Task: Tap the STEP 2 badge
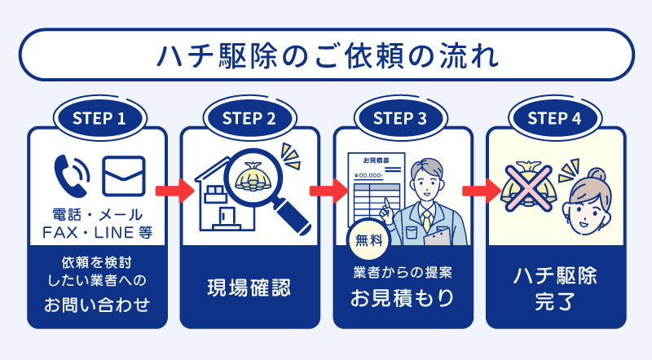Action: [x=249, y=117]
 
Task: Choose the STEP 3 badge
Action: [x=402, y=117]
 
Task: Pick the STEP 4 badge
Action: [x=554, y=117]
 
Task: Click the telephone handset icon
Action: [x=71, y=173]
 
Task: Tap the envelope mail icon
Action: [x=123, y=174]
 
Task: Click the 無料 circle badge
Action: [x=366, y=240]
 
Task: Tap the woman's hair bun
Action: [x=599, y=174]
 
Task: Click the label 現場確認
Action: [x=249, y=288]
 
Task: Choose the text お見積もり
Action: [x=402, y=298]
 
